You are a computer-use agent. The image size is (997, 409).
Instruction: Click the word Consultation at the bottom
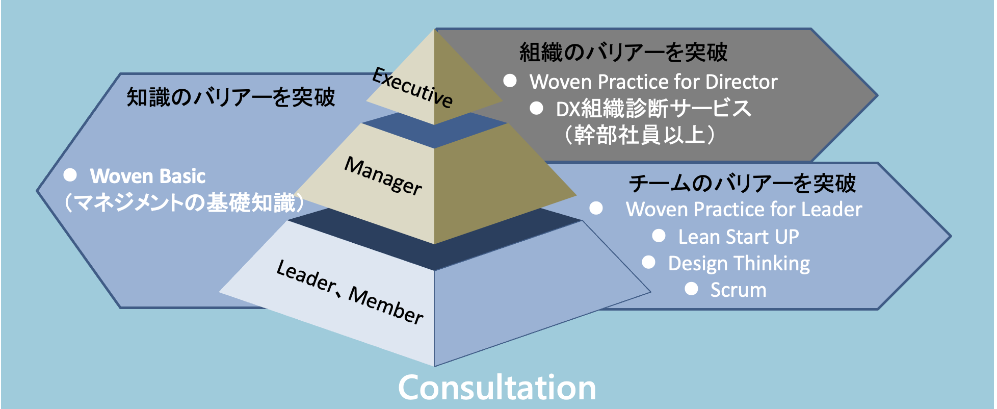[497, 388]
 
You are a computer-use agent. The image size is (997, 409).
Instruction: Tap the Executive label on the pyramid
[412, 88]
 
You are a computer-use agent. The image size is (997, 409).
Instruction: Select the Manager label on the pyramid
[383, 176]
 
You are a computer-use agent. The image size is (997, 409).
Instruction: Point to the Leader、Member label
[350, 292]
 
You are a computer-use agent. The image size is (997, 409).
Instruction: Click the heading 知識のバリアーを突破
[231, 97]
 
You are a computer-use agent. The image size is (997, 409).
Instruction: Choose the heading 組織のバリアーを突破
[623, 52]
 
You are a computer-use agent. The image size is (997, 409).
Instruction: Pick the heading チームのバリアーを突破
[742, 184]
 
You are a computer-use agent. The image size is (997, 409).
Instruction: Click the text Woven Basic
[148, 176]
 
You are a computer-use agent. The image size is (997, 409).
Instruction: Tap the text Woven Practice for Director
[653, 82]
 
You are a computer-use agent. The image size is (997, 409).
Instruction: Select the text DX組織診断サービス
[653, 109]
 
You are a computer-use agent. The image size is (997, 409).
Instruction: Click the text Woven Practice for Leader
[744, 209]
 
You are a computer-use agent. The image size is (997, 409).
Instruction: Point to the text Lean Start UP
[739, 237]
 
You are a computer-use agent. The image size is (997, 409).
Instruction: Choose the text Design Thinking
[739, 264]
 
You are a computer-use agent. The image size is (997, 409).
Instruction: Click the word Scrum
[739, 290]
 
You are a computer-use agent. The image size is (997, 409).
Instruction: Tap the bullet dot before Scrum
[691, 289]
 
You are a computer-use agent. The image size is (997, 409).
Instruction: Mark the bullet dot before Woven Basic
[70, 175]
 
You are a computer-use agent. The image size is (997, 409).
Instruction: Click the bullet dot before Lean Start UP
[659, 235]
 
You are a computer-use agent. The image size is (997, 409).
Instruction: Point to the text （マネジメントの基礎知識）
[183, 202]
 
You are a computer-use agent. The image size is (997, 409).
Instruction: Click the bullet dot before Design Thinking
[648, 262]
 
